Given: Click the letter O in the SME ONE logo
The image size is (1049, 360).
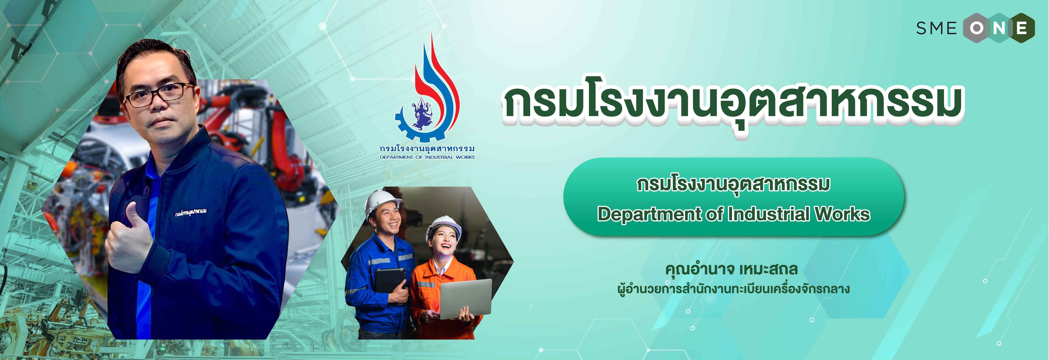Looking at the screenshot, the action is pyautogui.click(x=977, y=28).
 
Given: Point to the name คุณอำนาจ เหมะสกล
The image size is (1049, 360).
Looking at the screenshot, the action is pyautogui.click(x=731, y=270).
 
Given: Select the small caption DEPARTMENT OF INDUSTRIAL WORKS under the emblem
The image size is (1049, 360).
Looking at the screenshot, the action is pyautogui.click(x=427, y=157).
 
